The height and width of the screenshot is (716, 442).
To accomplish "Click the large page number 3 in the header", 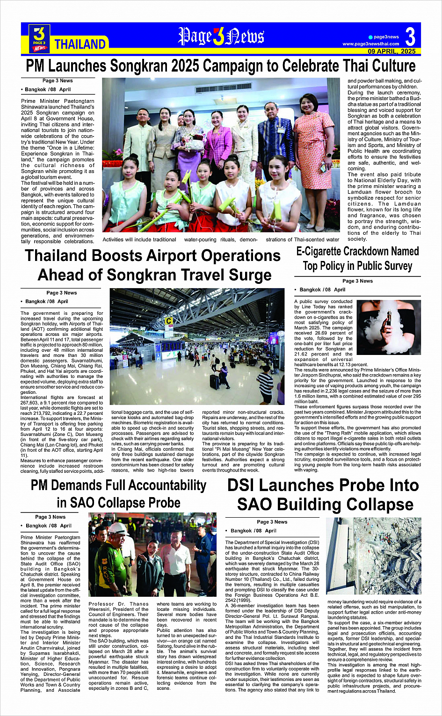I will (410, 36).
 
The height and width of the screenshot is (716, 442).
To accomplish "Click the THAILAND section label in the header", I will (80, 44).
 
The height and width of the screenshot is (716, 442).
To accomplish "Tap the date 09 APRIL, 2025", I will (391, 51).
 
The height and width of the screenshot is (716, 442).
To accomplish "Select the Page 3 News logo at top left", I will (39, 38).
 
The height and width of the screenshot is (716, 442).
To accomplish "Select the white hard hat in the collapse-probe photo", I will (119, 529).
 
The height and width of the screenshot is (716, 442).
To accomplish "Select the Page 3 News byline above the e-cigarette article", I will (357, 281).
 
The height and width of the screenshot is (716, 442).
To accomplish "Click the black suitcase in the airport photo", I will (214, 381).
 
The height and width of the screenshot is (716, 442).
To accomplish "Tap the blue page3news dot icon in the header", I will (370, 37).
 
